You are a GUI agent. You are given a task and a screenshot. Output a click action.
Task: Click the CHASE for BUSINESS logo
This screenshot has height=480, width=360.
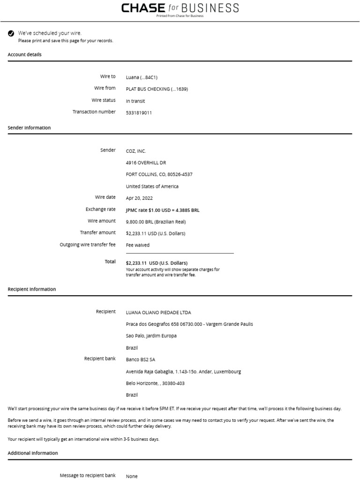tap(180, 8)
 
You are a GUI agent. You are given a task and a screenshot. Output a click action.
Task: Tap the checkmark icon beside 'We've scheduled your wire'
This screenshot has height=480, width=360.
tap(11, 33)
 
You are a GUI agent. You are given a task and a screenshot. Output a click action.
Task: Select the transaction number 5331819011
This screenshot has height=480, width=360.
tap(139, 113)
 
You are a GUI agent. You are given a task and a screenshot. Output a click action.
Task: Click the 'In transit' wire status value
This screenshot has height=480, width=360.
tap(135, 101)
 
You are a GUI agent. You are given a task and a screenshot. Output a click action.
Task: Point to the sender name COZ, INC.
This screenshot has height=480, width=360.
tap(136, 151)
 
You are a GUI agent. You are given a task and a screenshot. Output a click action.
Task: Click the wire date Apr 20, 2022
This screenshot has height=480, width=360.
tap(139, 198)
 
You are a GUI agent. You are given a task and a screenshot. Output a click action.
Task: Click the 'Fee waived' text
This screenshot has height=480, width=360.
tap(138, 245)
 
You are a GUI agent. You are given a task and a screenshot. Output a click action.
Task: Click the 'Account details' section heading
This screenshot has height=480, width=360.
tap(24, 55)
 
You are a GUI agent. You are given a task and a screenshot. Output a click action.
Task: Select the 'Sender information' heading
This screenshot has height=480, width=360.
tap(29, 128)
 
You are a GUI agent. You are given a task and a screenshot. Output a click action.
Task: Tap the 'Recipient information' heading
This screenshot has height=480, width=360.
tap(32, 290)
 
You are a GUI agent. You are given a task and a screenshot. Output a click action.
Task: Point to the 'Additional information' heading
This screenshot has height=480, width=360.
tap(33, 453)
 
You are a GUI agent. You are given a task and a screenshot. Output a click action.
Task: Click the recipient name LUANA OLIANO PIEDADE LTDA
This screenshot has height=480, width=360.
tap(158, 313)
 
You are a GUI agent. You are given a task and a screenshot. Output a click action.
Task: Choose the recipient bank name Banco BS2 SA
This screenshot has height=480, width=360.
tap(141, 360)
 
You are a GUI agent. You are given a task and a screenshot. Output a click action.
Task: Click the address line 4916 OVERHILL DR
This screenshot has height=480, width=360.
tap(146, 163)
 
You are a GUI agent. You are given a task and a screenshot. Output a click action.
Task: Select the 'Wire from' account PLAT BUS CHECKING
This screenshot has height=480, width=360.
tap(157, 89)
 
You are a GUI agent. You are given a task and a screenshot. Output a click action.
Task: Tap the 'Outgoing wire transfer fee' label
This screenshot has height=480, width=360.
tap(88, 245)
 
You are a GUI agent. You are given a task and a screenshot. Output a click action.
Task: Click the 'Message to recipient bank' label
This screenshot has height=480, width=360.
tap(88, 475)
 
